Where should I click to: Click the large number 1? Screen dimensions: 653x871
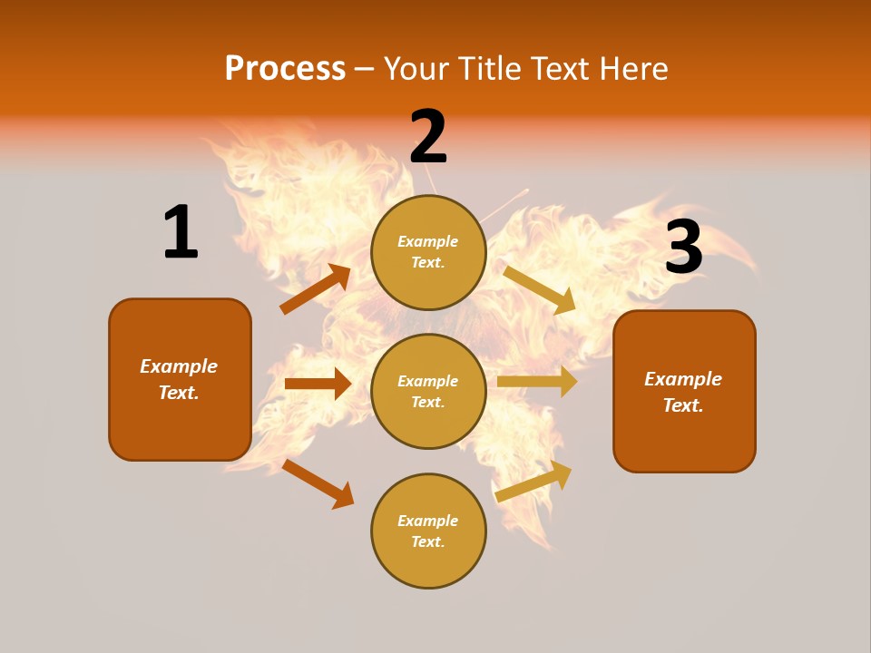181,232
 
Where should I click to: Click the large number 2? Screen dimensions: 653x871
428,137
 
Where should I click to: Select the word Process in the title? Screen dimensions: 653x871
285,68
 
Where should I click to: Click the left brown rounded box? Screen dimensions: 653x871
180,379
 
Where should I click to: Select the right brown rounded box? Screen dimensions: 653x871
684,391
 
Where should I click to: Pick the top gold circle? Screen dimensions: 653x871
428,252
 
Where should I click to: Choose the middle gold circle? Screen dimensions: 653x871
428,391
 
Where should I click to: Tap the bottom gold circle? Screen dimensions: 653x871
428,531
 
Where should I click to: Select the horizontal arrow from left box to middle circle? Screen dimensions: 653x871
318,384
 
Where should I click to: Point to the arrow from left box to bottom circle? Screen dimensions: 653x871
318,483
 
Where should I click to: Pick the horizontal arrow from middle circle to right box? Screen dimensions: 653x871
537,382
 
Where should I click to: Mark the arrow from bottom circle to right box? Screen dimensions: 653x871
533,482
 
